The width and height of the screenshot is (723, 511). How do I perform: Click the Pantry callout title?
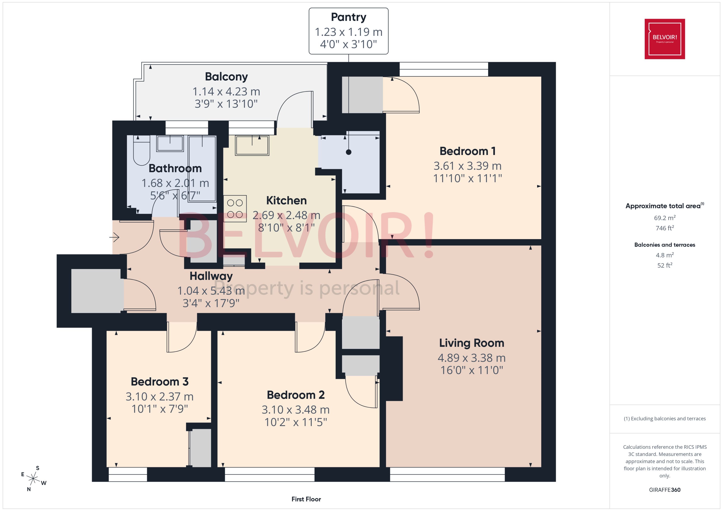coord(348,17)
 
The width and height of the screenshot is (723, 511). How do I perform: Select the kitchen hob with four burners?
coord(235,209)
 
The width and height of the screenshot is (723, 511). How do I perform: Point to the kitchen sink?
coord(252,145)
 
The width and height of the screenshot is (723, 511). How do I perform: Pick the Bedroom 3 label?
coord(159,382)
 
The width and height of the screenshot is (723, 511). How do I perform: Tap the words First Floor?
coord(306,499)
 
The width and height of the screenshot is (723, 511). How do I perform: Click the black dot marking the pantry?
coord(348,152)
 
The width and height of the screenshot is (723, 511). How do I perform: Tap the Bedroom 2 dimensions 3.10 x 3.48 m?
coord(296,410)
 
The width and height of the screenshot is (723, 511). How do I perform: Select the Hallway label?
coord(211,276)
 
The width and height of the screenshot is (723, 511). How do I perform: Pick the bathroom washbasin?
coord(170,144)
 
